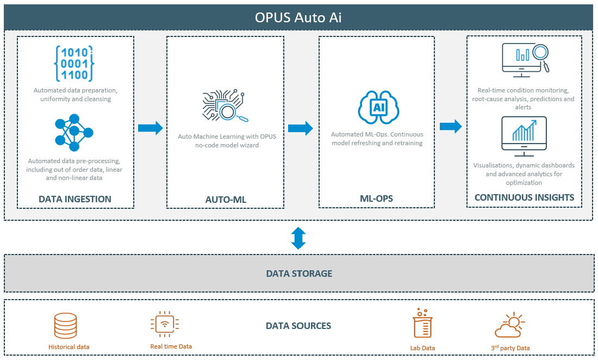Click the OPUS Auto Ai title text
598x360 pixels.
click(x=298, y=17)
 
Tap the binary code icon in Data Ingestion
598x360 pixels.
click(x=74, y=64)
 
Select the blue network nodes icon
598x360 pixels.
click(x=74, y=132)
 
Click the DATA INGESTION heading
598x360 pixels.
click(x=75, y=199)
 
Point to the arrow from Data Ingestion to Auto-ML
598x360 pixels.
click(x=150, y=128)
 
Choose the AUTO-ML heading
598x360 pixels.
click(x=226, y=200)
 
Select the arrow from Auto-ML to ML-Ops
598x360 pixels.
click(x=300, y=128)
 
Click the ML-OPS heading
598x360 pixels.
click(x=376, y=199)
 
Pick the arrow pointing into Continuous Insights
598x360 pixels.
click(x=451, y=127)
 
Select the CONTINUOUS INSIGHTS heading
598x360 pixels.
click(x=524, y=197)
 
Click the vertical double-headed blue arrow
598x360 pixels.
click(x=298, y=238)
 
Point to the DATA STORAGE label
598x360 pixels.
click(x=298, y=274)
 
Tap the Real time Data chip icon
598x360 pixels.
click(x=163, y=325)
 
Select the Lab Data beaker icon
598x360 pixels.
click(x=422, y=325)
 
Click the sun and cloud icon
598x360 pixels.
click(x=510, y=325)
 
